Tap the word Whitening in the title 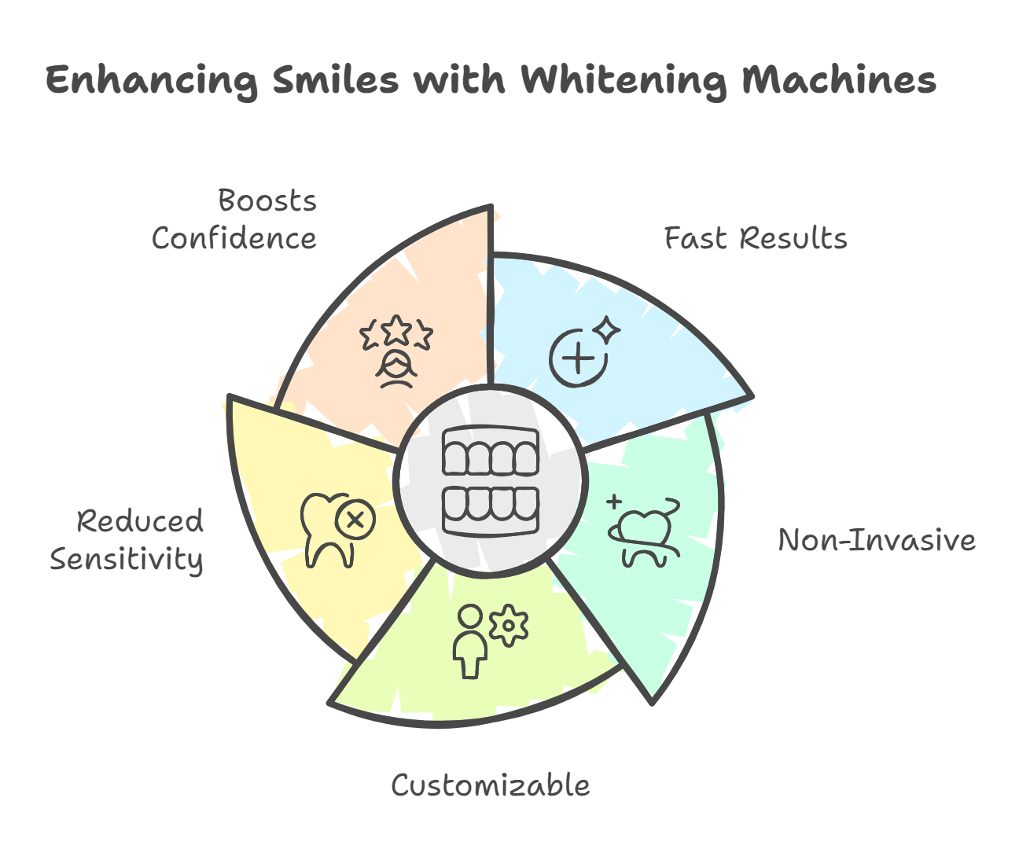click(x=624, y=80)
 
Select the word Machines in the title click(x=839, y=79)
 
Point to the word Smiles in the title click(x=335, y=79)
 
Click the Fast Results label click(x=756, y=238)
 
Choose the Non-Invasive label click(x=877, y=540)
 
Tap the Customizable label click(x=491, y=785)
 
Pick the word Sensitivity click(x=127, y=560)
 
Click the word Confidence click(x=234, y=238)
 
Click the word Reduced click(x=140, y=520)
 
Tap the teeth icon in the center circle click(x=491, y=480)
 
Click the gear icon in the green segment click(x=509, y=626)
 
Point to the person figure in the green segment click(x=470, y=641)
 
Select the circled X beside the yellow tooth click(x=355, y=519)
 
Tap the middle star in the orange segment click(x=396, y=330)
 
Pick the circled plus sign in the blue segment click(x=579, y=358)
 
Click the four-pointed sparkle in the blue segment click(x=607, y=330)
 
